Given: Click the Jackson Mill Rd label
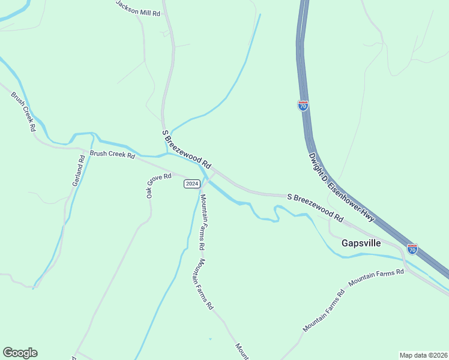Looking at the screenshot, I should [x=138, y=8].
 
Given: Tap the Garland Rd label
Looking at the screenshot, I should [x=79, y=170].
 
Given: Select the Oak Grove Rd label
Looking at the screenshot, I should [x=158, y=184].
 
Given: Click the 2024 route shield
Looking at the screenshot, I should [x=191, y=184].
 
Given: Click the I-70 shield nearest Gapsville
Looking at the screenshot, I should [x=412, y=248].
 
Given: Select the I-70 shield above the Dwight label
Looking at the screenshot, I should [x=303, y=106].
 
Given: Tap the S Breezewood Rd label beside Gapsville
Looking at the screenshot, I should [x=315, y=206].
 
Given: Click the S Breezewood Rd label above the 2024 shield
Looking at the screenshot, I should [x=187, y=149].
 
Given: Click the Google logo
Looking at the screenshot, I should [x=20, y=353].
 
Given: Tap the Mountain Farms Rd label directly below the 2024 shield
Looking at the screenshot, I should [x=203, y=222].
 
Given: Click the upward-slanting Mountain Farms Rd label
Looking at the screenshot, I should [x=324, y=310].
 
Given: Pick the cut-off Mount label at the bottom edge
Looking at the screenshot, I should [x=241, y=351].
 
